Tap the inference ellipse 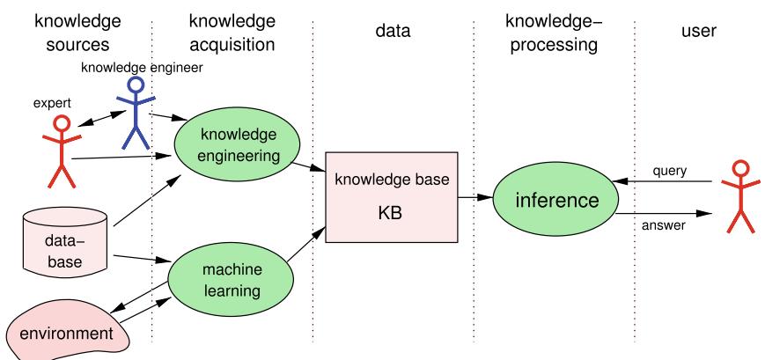point(551,199)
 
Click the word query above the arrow point(670,170)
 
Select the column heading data point(392,32)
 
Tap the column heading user point(700,32)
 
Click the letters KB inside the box point(389,212)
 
